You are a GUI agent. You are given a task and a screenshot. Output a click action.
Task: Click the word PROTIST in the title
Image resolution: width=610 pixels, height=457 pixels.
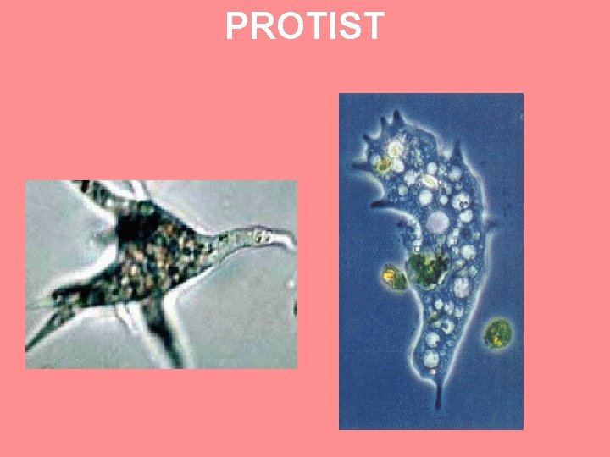tap(304, 26)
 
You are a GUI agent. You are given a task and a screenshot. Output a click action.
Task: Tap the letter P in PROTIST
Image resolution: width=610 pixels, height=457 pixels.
tap(237, 26)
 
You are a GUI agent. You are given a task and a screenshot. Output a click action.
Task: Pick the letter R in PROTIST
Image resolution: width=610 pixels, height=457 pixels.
tap(260, 26)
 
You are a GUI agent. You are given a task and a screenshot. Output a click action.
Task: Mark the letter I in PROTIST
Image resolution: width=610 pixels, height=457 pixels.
tap(330, 26)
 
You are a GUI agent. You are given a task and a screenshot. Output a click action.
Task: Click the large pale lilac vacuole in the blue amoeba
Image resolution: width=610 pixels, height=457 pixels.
tap(438, 223)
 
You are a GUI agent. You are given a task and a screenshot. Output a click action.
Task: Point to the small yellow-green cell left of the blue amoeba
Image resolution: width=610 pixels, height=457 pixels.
tap(391, 275)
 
